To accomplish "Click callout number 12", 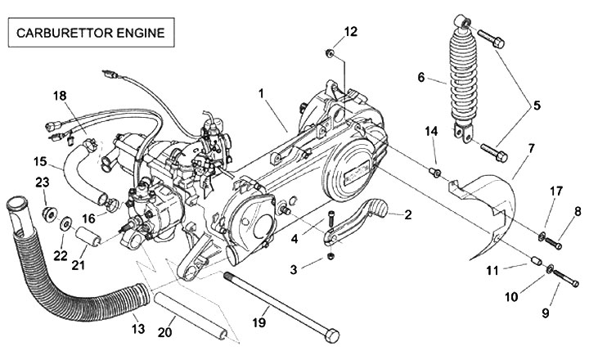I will pyautogui.click(x=350, y=32).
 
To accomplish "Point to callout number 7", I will pyautogui.click(x=531, y=149).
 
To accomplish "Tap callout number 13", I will pyautogui.click(x=137, y=329).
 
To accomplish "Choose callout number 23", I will pyautogui.click(x=43, y=182).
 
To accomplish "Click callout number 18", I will pyautogui.click(x=59, y=96).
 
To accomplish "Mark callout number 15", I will pyautogui.click(x=40, y=160).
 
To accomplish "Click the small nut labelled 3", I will pyautogui.click(x=329, y=257).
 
